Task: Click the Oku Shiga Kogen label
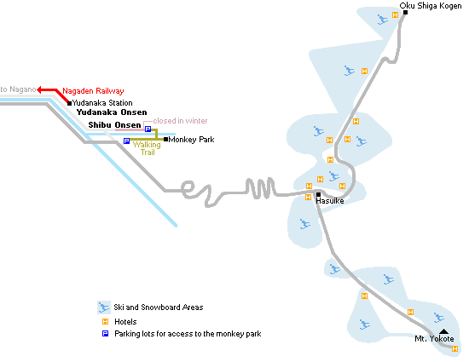click(431, 6)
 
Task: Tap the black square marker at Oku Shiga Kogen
click(405, 12)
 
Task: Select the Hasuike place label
click(330, 201)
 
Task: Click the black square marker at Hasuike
click(318, 194)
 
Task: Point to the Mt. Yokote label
click(434, 339)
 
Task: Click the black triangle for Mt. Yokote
click(443, 331)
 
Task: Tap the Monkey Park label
click(191, 140)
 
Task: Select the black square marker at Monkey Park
click(165, 139)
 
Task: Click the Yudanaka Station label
click(102, 103)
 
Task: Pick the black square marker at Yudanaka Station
click(69, 103)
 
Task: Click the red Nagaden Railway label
click(93, 91)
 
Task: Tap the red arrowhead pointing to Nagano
click(39, 89)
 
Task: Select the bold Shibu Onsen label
click(114, 125)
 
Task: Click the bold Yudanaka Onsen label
click(112, 112)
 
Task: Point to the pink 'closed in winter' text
click(180, 121)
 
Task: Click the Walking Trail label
click(147, 148)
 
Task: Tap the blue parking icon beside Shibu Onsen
click(148, 129)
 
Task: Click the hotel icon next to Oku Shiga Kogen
click(395, 14)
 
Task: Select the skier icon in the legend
click(104, 307)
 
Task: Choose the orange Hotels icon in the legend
click(105, 321)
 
